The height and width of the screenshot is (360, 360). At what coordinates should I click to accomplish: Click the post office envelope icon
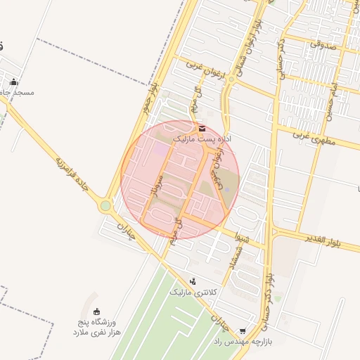tap(202, 128)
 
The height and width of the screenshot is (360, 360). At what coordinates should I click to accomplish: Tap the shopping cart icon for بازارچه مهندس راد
tap(243, 330)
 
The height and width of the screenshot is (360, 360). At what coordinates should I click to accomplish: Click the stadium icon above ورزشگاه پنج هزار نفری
tap(96, 311)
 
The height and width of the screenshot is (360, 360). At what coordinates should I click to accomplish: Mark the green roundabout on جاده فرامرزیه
tap(105, 206)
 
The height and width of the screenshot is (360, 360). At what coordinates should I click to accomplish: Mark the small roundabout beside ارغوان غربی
tap(231, 80)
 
